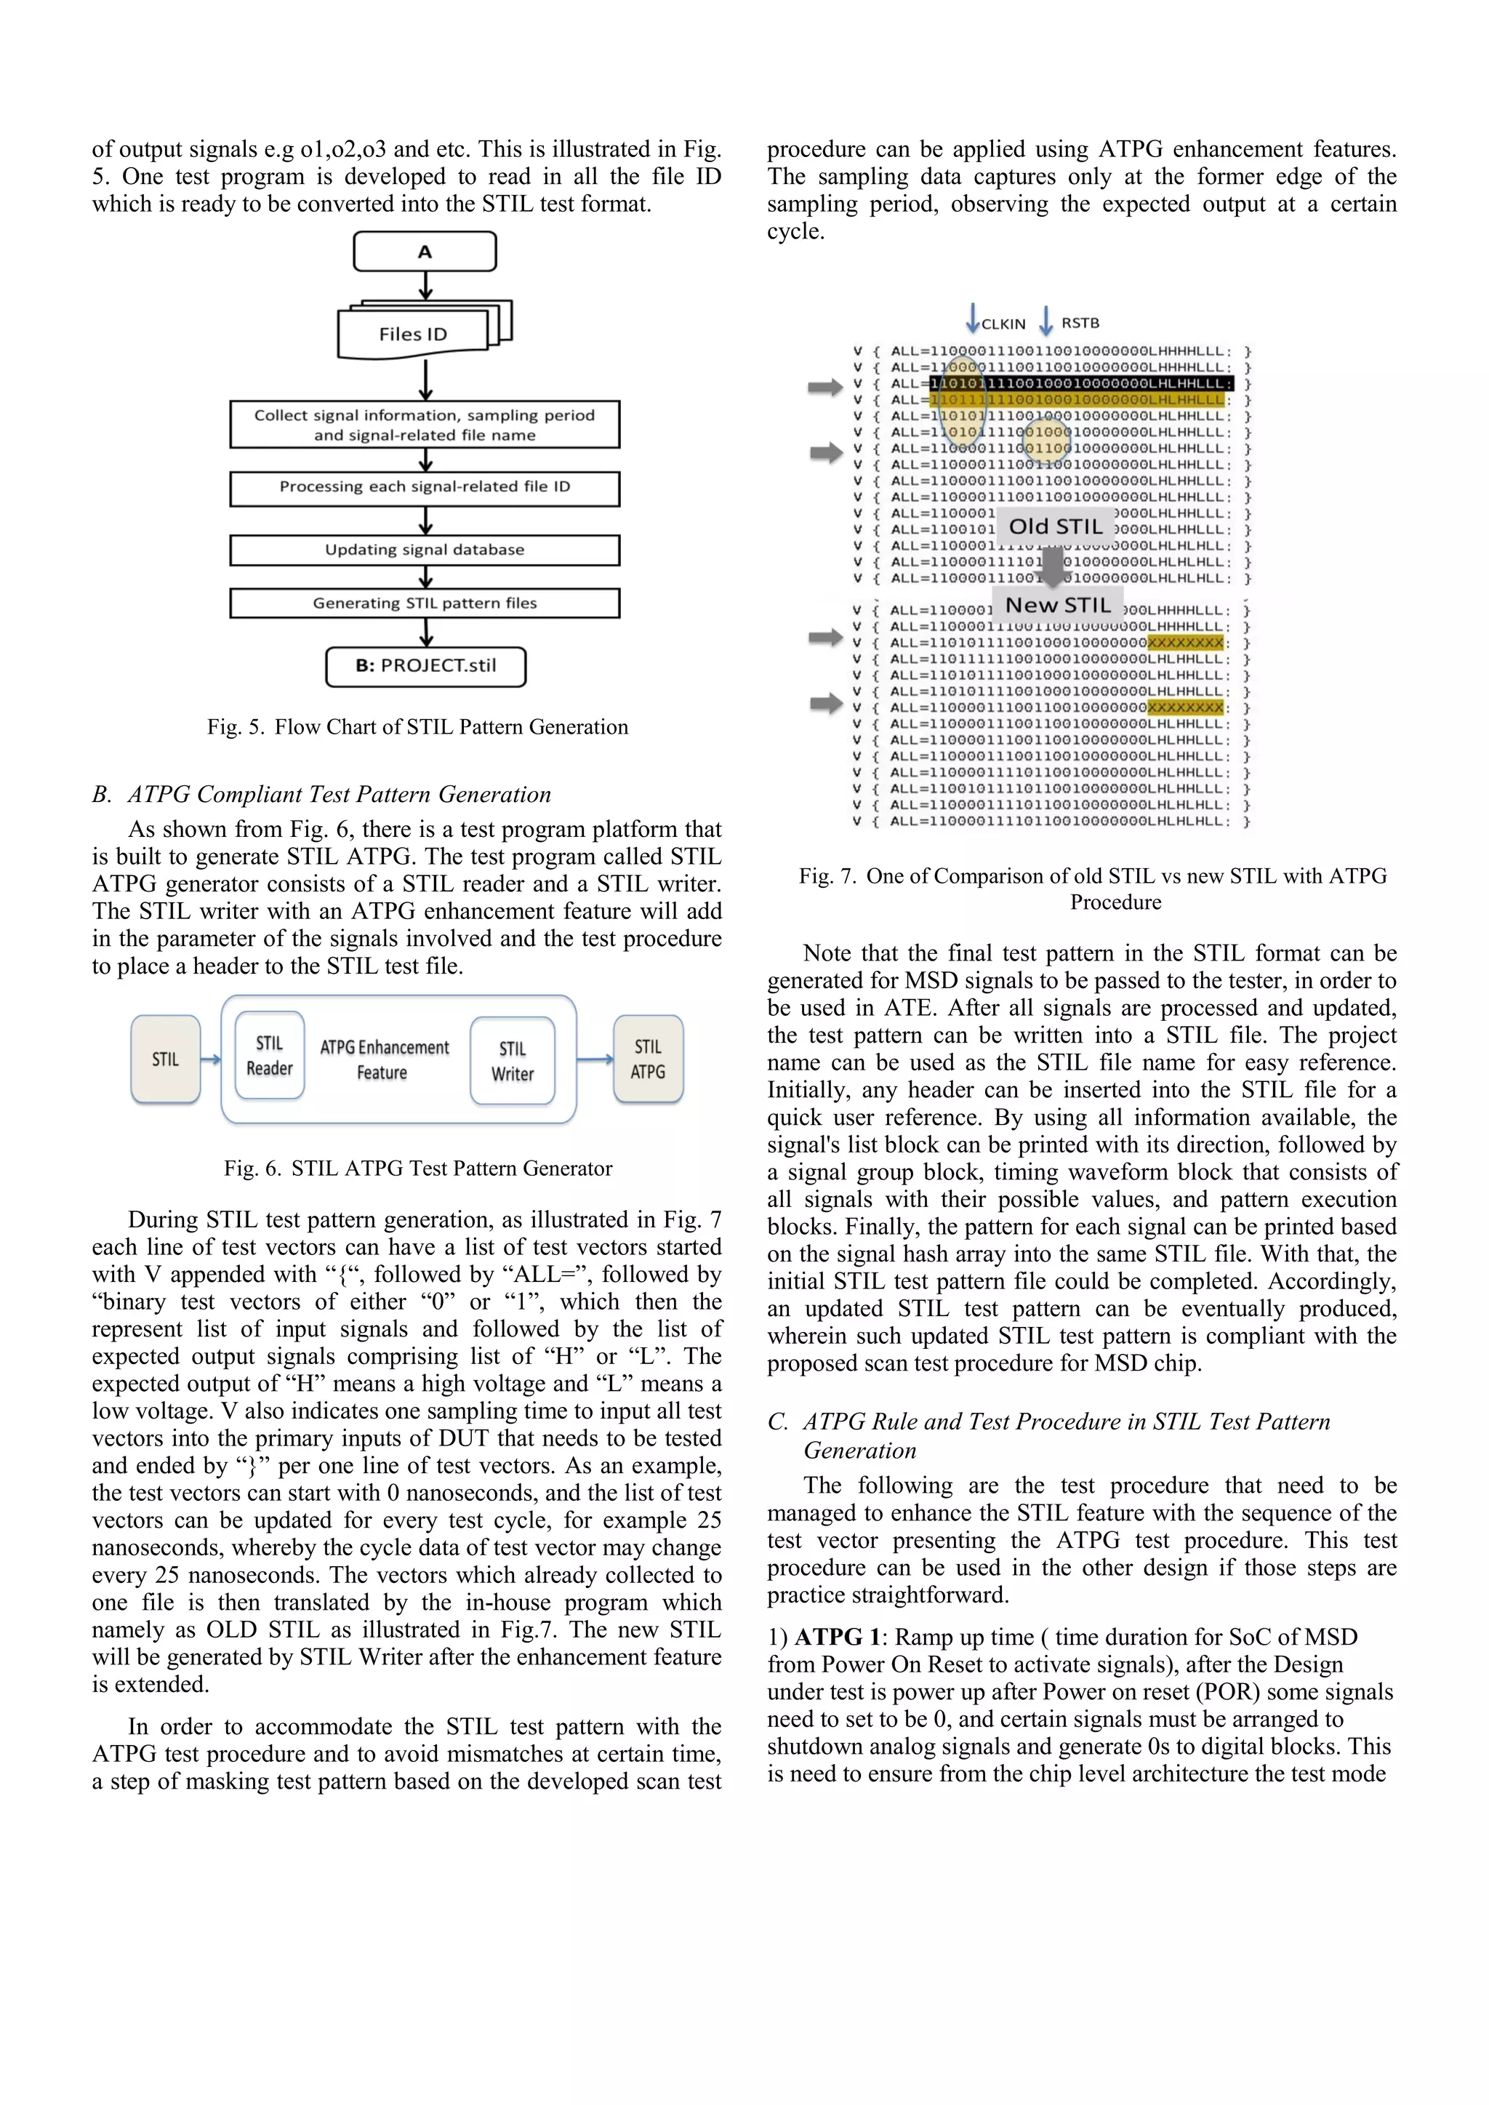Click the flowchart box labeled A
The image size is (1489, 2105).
pyautogui.click(x=425, y=251)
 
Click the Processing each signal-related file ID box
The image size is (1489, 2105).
pyautogui.click(x=425, y=488)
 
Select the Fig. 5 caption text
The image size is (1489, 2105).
pyautogui.click(x=417, y=727)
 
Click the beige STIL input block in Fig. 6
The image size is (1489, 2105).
pyautogui.click(x=165, y=1059)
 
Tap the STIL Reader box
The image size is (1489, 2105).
pyautogui.click(x=270, y=1056)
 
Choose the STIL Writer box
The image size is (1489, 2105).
pyautogui.click(x=513, y=1061)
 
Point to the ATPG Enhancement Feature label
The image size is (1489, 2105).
pyautogui.click(x=384, y=1060)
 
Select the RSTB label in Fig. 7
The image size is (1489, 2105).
pyautogui.click(x=1080, y=323)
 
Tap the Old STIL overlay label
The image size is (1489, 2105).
pyautogui.click(x=1056, y=526)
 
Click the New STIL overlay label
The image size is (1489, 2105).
pyautogui.click(x=1057, y=605)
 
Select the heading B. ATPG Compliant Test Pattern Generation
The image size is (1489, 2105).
pyautogui.click(x=322, y=794)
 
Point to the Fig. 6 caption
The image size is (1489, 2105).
pyautogui.click(x=417, y=1168)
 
